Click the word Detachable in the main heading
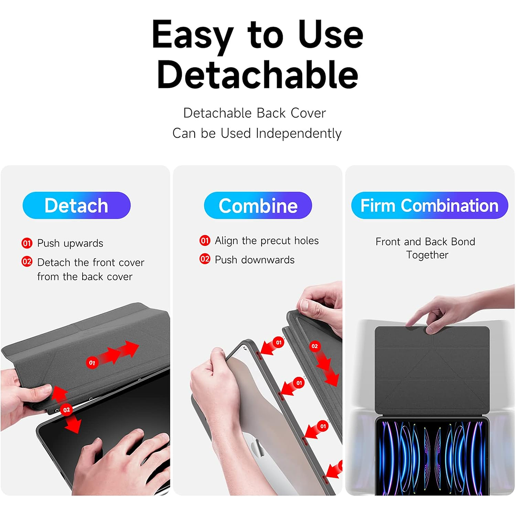(258, 75)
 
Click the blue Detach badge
(77, 205)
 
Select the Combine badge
(258, 205)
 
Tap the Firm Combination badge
(429, 205)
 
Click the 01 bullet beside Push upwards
(27, 243)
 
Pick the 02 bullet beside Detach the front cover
(27, 262)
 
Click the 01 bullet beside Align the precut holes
(205, 241)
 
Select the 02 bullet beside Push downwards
(205, 259)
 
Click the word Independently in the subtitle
(298, 133)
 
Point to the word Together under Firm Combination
(427, 255)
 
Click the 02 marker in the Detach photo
(66, 410)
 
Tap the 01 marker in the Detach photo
(92, 362)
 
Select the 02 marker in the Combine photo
(315, 346)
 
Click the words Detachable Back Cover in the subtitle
(254, 113)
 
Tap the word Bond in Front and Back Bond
(463, 242)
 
